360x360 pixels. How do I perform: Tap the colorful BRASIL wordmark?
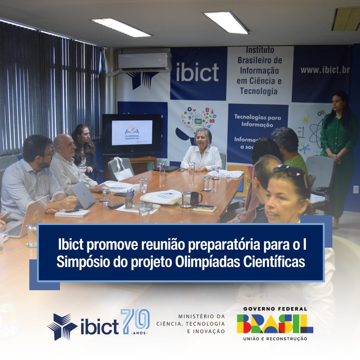[275, 323]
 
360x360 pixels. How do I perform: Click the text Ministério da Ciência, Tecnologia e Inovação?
[199, 324]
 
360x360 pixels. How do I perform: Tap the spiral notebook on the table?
[72, 213]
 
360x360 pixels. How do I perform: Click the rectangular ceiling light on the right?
[226, 22]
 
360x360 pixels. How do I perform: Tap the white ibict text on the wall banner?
[197, 73]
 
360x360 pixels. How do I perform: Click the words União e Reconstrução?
[275, 338]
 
